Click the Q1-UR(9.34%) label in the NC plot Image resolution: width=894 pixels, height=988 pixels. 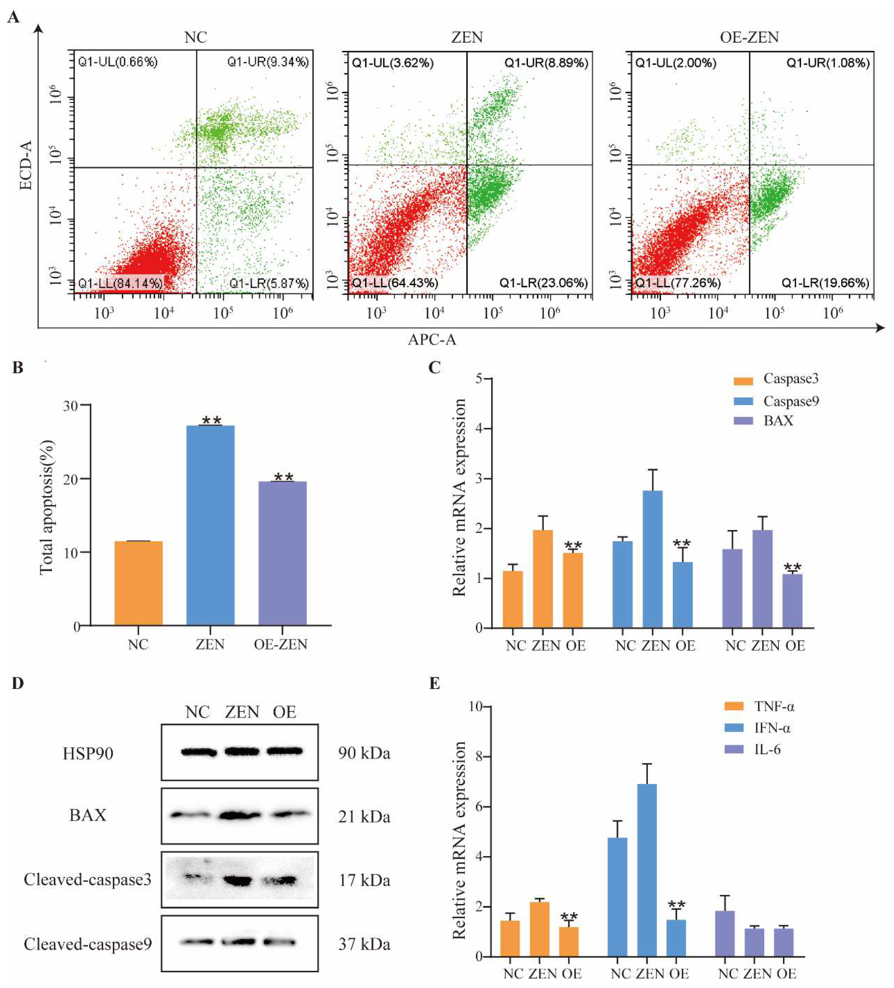268,62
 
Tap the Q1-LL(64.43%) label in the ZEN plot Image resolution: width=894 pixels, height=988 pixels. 395,283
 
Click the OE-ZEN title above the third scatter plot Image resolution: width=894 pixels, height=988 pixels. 749,37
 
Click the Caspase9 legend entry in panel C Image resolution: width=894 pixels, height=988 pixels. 791,401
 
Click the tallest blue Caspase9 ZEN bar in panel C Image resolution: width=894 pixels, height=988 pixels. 652,559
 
